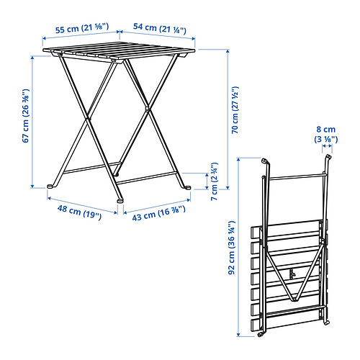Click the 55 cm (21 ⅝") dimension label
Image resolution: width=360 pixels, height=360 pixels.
point(82,28)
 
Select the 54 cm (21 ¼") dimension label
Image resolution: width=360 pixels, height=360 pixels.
point(160,28)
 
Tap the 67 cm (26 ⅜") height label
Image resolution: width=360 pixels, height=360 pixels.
point(26,116)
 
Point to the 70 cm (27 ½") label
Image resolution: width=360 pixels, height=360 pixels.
point(235,109)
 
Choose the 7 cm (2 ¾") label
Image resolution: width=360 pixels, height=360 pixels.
point(214,181)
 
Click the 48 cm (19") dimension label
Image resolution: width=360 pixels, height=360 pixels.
point(79,212)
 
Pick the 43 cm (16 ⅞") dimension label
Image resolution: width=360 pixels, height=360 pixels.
point(158,213)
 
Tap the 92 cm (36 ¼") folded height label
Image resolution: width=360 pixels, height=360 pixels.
point(231,248)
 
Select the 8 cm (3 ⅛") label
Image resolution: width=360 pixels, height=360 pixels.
point(326,134)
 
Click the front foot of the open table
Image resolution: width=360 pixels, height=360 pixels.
point(120,199)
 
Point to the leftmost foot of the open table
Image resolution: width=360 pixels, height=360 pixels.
point(50,186)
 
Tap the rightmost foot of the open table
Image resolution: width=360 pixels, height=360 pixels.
point(188,187)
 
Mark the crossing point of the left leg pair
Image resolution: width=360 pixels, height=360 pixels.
point(88,118)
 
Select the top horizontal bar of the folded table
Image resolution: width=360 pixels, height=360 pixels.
point(297,177)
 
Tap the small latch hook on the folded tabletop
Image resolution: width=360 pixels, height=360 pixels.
point(292,274)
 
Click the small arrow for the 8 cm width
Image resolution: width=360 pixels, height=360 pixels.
point(327,145)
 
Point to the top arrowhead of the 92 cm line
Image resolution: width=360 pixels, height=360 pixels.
point(238,160)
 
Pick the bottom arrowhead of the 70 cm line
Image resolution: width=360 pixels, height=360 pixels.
point(228,187)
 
